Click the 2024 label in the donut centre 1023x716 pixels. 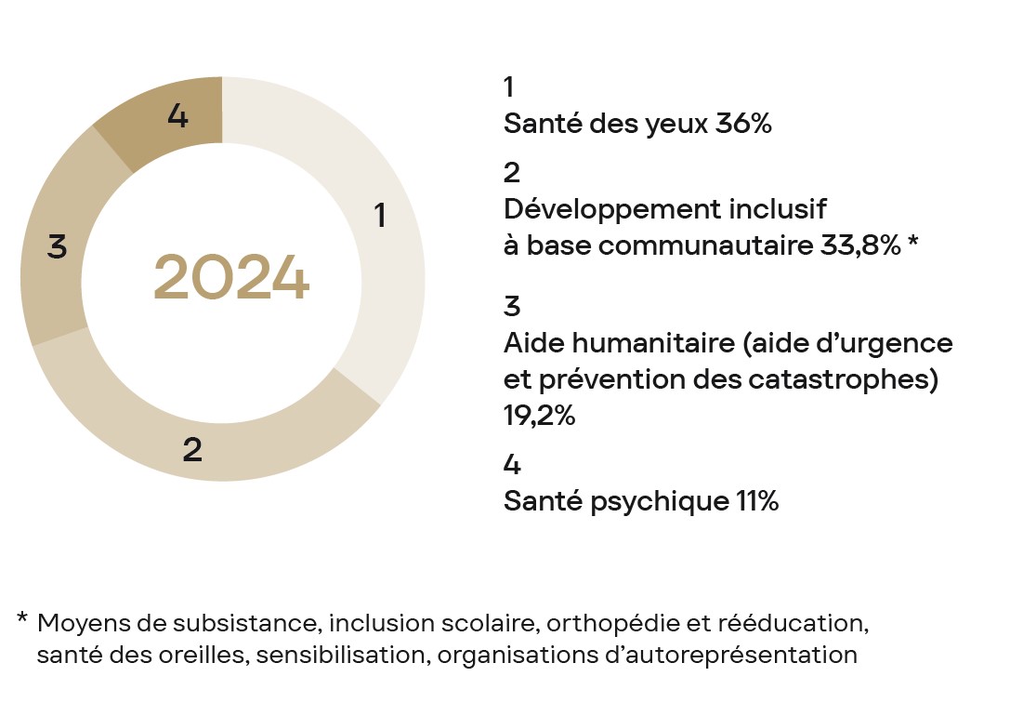230,278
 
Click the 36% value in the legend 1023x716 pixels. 743,125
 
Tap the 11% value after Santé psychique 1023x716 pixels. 756,501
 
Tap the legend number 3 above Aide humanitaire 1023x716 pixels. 512,307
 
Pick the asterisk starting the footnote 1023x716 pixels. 22,617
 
